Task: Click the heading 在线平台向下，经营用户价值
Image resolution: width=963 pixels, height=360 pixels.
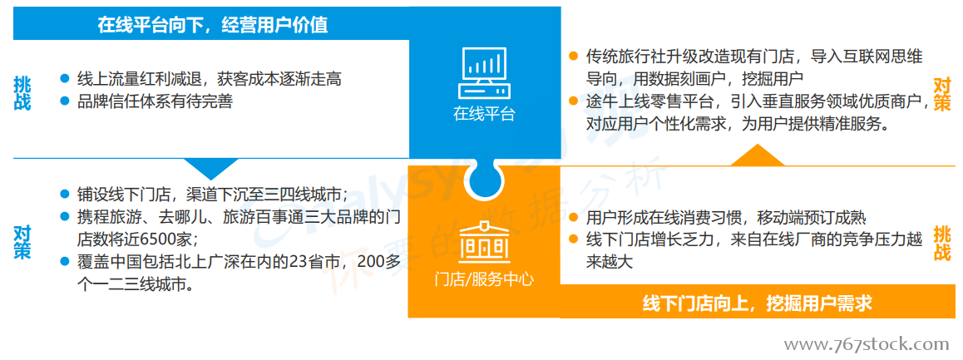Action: (x=212, y=25)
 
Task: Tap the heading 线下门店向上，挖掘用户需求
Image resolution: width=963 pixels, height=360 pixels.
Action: (x=758, y=303)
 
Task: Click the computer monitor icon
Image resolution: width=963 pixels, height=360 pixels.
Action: (x=484, y=72)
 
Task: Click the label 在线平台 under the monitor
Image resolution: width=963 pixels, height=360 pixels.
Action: (x=484, y=114)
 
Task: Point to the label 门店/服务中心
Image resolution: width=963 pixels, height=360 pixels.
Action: (x=484, y=281)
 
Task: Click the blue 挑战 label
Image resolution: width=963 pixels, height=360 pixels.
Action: (x=22, y=94)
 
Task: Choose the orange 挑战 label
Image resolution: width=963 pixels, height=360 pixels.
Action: (x=943, y=244)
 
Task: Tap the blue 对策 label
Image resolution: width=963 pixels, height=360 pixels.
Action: (x=22, y=242)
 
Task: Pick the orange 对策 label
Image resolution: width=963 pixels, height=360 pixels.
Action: (x=943, y=94)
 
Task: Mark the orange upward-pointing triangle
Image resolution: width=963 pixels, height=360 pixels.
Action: (x=758, y=155)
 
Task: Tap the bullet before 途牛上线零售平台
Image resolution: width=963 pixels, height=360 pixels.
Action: (x=574, y=101)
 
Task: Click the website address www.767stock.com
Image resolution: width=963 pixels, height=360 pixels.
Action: (x=867, y=344)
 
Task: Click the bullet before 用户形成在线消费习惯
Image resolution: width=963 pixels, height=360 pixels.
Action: (x=574, y=218)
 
